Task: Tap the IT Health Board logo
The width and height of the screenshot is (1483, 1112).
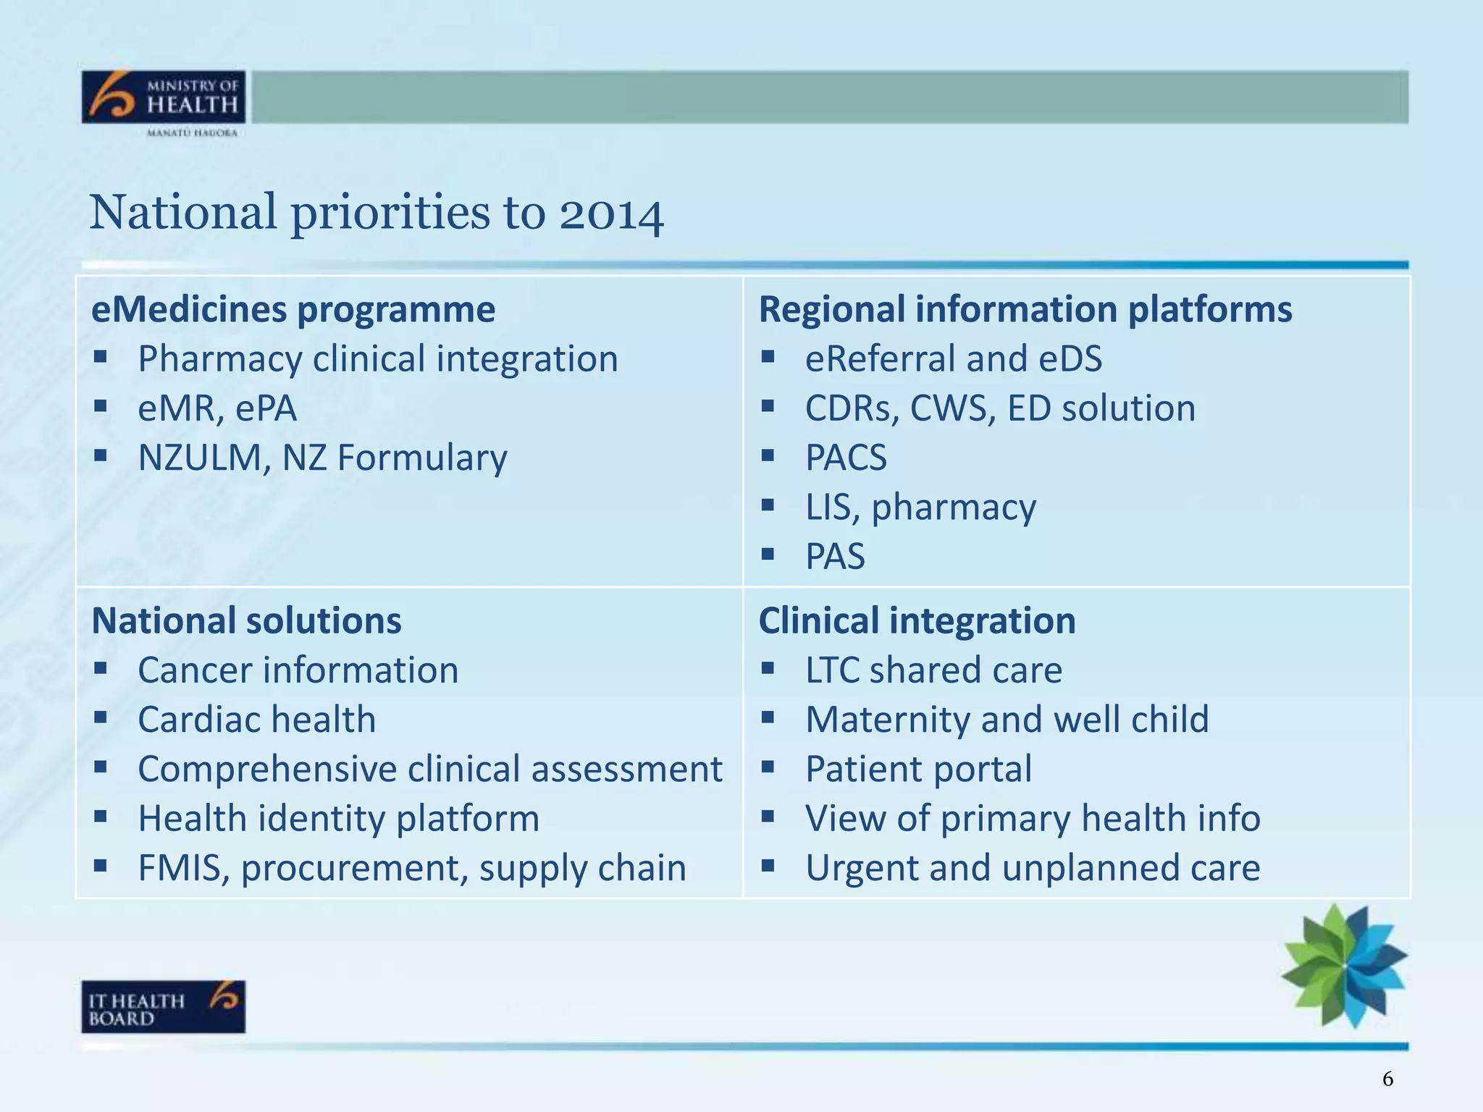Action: tap(163, 1006)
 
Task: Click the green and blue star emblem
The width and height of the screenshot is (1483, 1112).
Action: tap(1345, 965)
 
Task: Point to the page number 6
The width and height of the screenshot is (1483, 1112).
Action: tap(1387, 1079)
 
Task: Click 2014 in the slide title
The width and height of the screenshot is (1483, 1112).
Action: tap(610, 214)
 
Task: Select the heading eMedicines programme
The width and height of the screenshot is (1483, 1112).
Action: tap(293, 310)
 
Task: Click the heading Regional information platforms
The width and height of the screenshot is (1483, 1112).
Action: tap(1025, 310)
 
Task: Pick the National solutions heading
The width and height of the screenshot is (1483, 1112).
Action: tap(246, 621)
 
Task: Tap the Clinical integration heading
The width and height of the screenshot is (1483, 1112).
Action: tap(917, 621)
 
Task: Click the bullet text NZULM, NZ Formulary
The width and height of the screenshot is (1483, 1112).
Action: tap(322, 458)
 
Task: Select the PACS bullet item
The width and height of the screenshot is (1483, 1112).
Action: tap(846, 458)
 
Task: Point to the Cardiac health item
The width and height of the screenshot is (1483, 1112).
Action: tap(256, 720)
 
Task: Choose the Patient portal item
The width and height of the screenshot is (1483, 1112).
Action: tap(918, 770)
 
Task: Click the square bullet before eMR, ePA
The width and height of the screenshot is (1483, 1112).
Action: tap(101, 407)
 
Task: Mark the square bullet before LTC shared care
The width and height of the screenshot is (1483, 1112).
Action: tap(768, 668)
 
